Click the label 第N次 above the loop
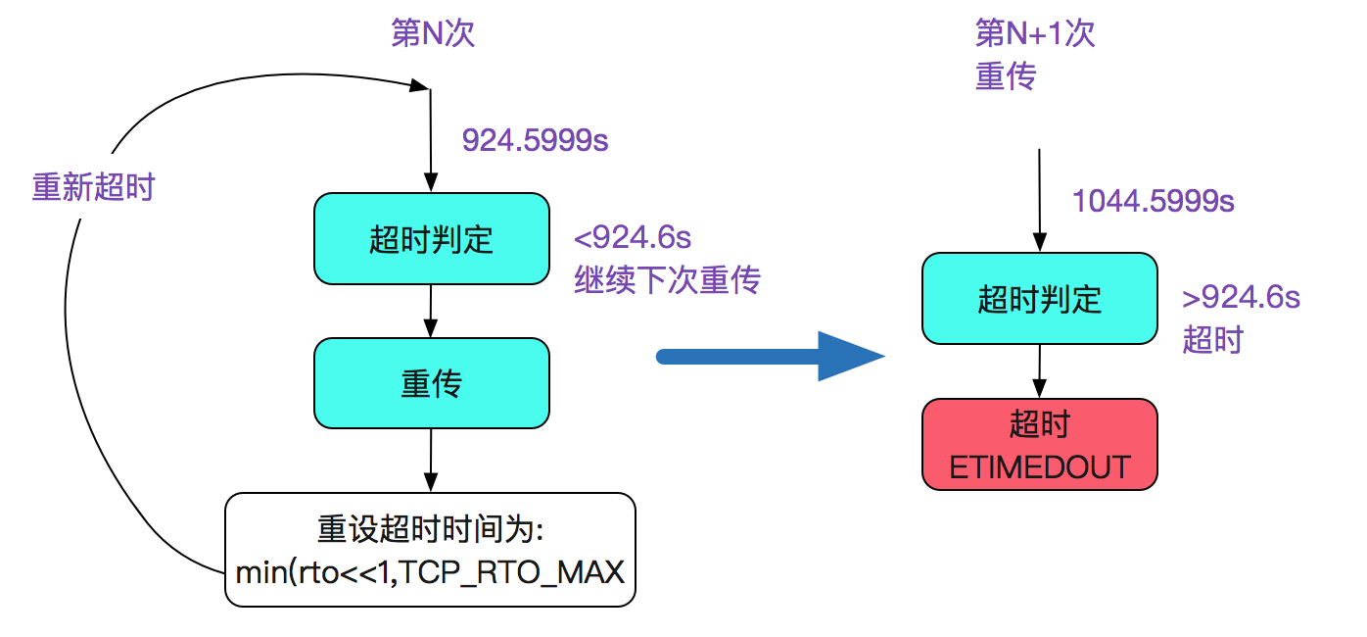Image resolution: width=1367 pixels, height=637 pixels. (x=433, y=33)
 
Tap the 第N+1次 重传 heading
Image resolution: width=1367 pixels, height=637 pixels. (x=1035, y=54)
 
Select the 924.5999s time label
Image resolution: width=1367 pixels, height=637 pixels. (x=536, y=140)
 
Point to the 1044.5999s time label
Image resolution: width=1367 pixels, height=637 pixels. (x=1154, y=201)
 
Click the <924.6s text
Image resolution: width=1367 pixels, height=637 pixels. (x=633, y=237)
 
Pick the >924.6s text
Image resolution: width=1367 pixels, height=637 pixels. (x=1241, y=297)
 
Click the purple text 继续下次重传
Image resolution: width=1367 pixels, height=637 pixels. (x=667, y=280)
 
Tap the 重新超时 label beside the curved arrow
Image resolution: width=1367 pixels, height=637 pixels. (x=93, y=187)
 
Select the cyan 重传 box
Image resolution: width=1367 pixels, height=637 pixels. (x=432, y=383)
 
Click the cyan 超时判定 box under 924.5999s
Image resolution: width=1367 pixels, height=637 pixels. (x=432, y=239)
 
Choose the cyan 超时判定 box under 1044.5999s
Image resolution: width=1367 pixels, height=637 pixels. (x=1040, y=299)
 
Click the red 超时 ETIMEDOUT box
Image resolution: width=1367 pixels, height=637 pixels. (x=1040, y=444)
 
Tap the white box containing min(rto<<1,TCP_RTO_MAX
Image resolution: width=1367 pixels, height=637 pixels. (x=430, y=550)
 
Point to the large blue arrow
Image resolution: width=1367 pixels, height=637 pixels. (x=770, y=356)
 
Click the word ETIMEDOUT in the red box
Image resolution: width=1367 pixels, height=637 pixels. (x=1040, y=467)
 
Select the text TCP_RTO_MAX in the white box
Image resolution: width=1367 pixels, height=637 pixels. (x=511, y=573)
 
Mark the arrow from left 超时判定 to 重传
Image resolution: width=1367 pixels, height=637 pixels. (x=431, y=311)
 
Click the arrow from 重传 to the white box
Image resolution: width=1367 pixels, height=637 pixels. (x=431, y=461)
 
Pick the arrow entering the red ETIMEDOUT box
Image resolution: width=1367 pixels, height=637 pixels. (x=1040, y=371)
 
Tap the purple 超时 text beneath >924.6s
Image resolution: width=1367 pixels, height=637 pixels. (x=1212, y=340)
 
